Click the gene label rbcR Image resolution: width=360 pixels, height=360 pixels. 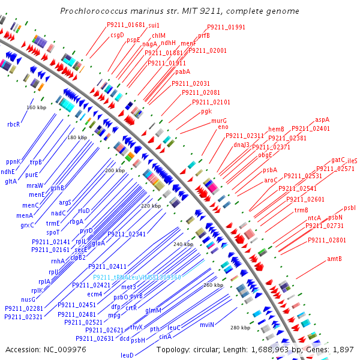click(13, 124)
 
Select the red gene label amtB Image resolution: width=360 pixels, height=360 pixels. click(334, 259)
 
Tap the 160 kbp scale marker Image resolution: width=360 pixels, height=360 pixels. click(37, 107)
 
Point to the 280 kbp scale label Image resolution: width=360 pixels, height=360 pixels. click(240, 328)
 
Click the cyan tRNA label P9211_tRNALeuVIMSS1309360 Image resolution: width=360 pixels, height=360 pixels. click(137, 277)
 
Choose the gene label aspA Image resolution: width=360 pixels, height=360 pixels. click(322, 120)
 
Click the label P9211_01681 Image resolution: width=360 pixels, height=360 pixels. click(126, 25)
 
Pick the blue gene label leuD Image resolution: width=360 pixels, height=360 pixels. click(127, 355)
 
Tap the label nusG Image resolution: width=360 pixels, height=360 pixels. click(28, 299)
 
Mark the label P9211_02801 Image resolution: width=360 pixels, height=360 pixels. click(327, 240)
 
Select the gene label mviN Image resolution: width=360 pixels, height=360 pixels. click(207, 325)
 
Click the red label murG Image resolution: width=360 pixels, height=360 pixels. click(219, 121)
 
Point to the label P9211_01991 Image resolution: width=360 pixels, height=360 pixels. click(226, 28)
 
